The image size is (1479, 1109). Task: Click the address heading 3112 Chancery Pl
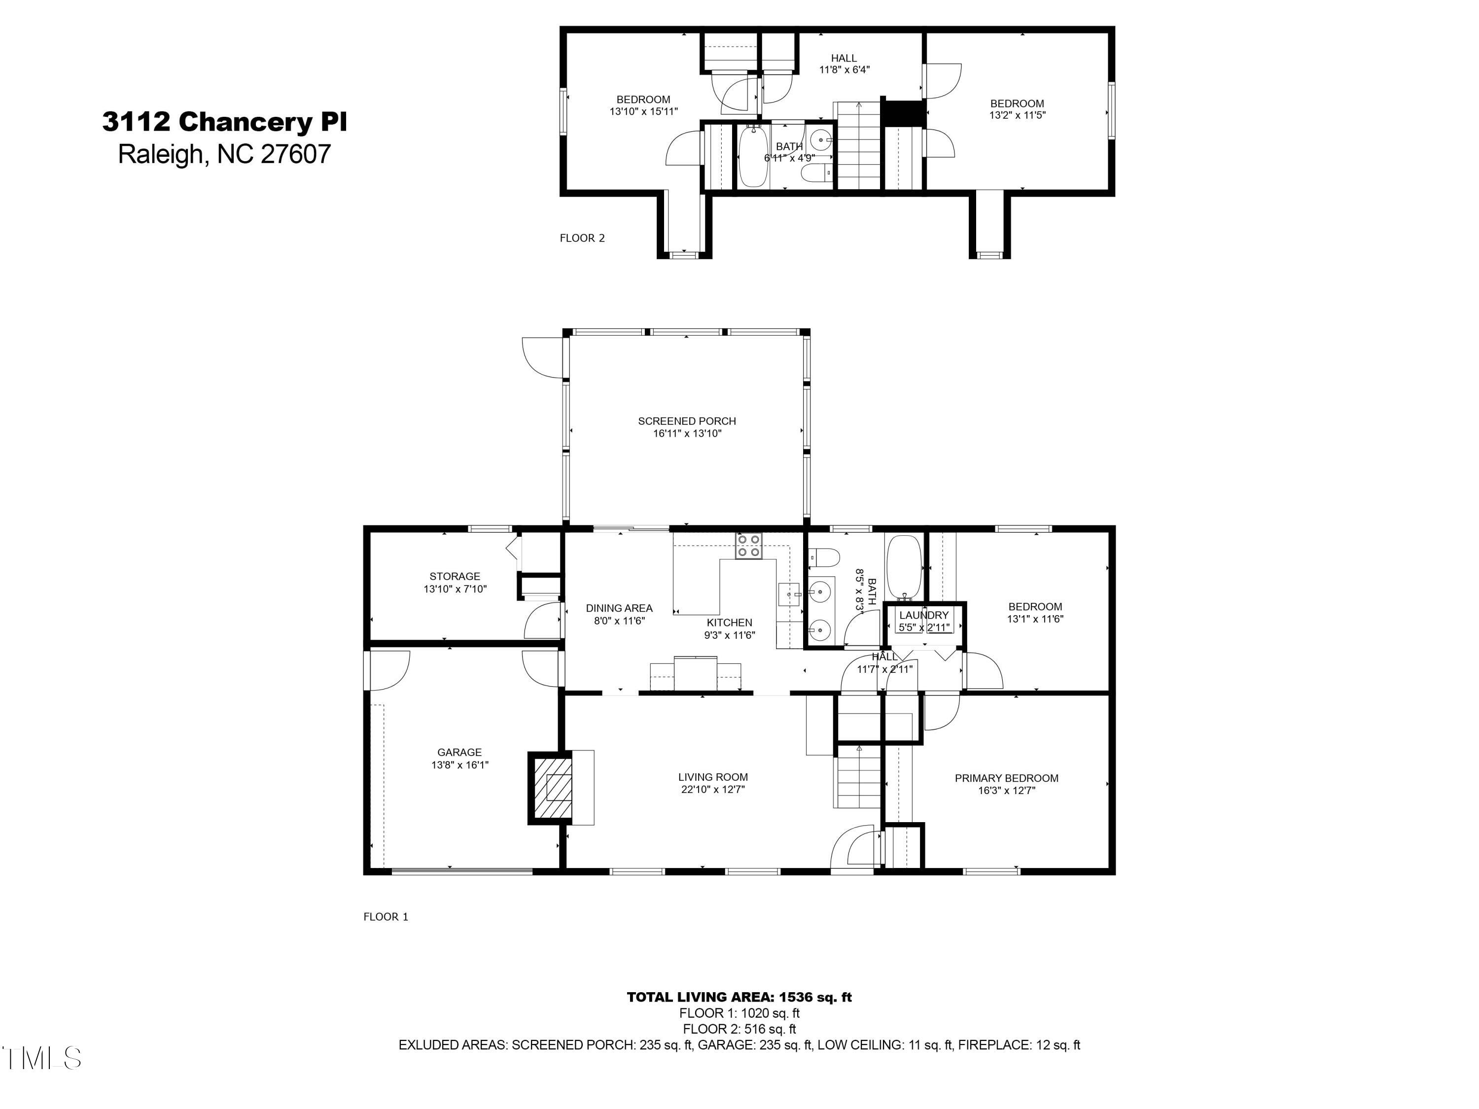(225, 122)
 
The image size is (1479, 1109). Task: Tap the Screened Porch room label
(687, 421)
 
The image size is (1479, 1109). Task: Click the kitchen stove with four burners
(749, 546)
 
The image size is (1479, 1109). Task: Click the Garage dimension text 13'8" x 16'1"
(459, 765)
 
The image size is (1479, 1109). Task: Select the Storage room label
(455, 576)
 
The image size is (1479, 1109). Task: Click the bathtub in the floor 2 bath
(753, 158)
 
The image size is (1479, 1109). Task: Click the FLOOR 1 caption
(385, 916)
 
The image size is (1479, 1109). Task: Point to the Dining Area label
(619, 608)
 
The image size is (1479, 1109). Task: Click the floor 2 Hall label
(844, 58)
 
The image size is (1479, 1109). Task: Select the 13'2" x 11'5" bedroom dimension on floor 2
(1017, 115)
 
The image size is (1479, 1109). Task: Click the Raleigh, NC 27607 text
(225, 154)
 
